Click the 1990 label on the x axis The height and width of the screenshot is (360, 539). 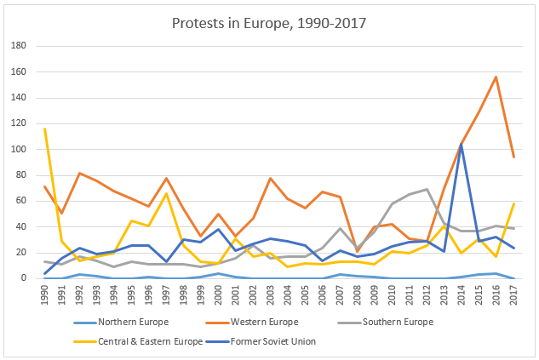click(44, 294)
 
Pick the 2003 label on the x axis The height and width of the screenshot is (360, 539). click(271, 294)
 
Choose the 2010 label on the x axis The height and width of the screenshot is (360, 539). click(393, 294)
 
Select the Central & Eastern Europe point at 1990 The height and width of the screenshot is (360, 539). click(44, 129)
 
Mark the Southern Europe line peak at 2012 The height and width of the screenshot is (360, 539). click(427, 189)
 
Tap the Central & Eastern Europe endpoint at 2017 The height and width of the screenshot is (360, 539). click(514, 203)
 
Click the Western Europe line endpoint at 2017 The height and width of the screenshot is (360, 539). click(514, 157)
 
